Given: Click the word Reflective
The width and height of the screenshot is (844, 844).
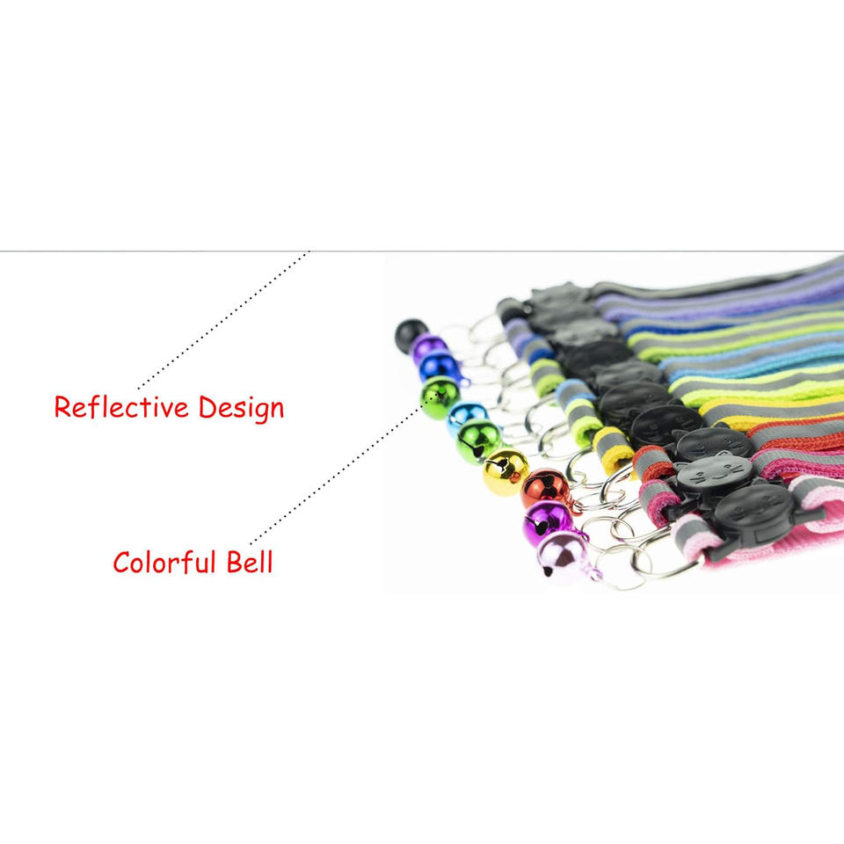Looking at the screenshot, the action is point(121,408).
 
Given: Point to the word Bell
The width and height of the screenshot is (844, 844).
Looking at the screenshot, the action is point(250,562).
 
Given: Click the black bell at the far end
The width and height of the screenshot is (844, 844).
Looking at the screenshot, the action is point(411,334).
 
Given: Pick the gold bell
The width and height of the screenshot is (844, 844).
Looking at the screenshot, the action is point(506,471).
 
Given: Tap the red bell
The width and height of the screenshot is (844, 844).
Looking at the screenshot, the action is point(544,489).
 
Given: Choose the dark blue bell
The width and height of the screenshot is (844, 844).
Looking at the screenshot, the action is point(439,367).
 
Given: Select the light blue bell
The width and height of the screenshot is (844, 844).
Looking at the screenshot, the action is point(465,417).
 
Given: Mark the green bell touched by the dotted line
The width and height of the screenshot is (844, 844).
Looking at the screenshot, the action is point(440,397).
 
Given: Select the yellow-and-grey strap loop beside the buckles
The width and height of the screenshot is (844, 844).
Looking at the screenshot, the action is point(612,447).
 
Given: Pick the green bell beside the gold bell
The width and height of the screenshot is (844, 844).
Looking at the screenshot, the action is point(478,440).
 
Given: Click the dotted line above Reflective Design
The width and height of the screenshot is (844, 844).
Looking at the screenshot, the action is point(224,320).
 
